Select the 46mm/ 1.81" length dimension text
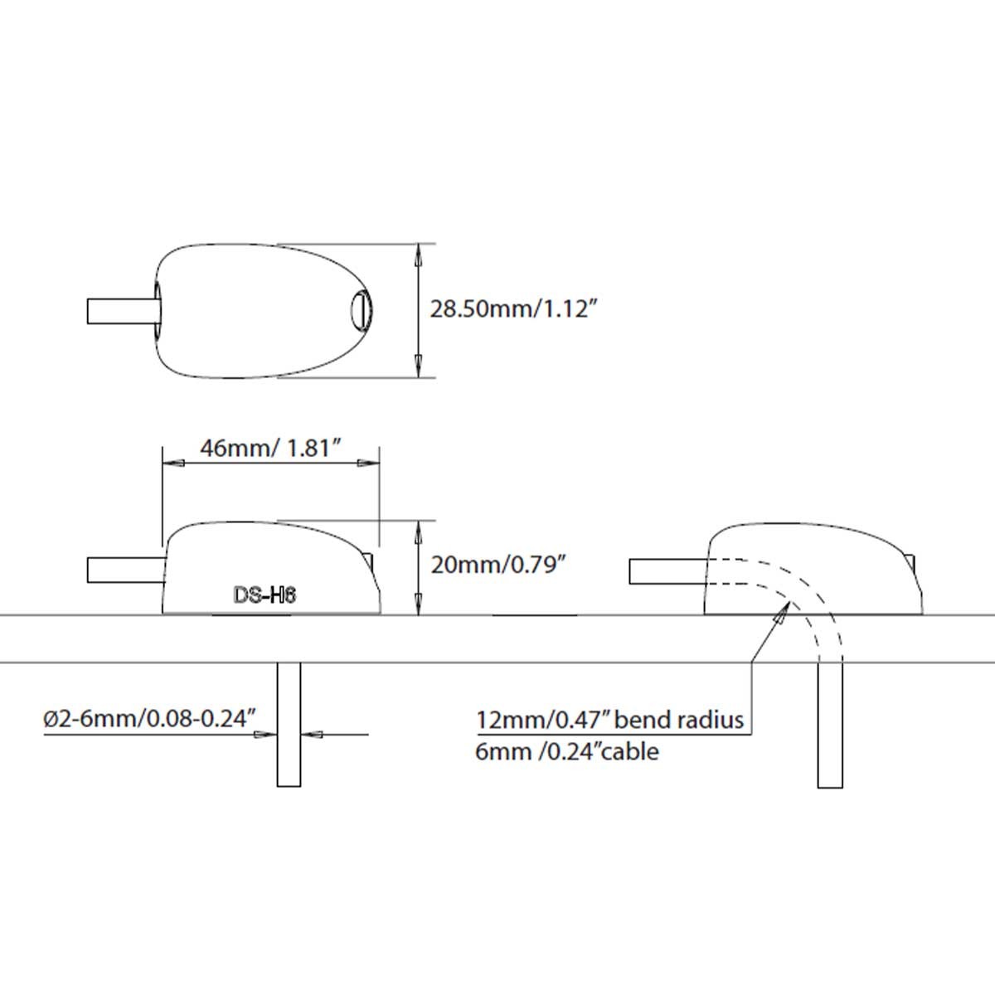click(x=272, y=448)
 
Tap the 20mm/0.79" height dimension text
click(x=495, y=565)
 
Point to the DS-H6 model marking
click(x=265, y=595)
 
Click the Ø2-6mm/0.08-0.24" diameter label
click(x=150, y=719)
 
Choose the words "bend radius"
click(x=678, y=719)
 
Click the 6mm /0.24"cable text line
click(x=567, y=752)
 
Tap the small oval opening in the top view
click(x=361, y=310)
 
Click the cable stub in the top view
click(x=122, y=312)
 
